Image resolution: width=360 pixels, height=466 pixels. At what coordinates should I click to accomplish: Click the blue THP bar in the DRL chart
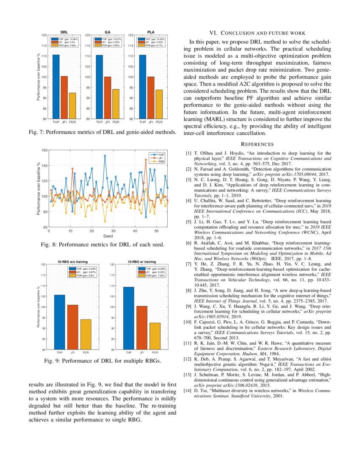(x=56, y=87)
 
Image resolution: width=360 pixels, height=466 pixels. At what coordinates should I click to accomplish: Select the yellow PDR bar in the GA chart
(x=116, y=104)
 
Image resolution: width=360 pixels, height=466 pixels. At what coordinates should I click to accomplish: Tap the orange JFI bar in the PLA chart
(x=151, y=97)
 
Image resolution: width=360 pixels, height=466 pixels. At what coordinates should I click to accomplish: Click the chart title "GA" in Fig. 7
(x=108, y=32)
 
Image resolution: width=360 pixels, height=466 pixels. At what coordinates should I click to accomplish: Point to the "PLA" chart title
(x=151, y=32)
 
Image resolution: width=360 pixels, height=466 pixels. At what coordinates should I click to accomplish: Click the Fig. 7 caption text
(x=102, y=133)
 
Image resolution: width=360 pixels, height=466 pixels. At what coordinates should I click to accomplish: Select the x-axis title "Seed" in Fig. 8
(x=108, y=236)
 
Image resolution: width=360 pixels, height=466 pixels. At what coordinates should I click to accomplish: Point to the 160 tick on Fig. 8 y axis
(x=45, y=150)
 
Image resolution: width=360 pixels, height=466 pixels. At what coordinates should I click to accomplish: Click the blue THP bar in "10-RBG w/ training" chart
(x=128, y=318)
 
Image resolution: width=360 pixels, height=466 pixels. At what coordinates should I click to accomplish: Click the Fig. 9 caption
(x=102, y=361)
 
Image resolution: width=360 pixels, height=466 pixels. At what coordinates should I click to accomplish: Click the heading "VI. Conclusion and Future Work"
(x=257, y=33)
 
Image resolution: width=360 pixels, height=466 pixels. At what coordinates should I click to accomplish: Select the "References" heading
(x=257, y=144)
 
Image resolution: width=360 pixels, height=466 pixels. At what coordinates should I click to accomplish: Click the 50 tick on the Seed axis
(x=156, y=231)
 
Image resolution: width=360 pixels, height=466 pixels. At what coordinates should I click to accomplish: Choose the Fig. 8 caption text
(x=102, y=245)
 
